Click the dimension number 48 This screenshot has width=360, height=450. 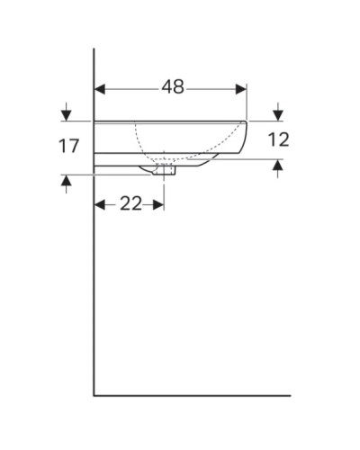point(173,87)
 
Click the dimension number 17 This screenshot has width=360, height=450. point(69,146)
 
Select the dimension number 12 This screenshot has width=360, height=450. point(278,140)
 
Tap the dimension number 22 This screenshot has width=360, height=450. point(130,203)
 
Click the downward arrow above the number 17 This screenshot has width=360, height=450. point(66,114)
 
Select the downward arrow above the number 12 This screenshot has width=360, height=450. point(277,114)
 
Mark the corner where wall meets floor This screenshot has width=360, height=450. point(94,394)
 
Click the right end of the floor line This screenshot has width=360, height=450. point(290,394)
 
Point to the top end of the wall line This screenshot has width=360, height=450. point(94,49)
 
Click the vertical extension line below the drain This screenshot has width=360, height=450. point(164,189)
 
